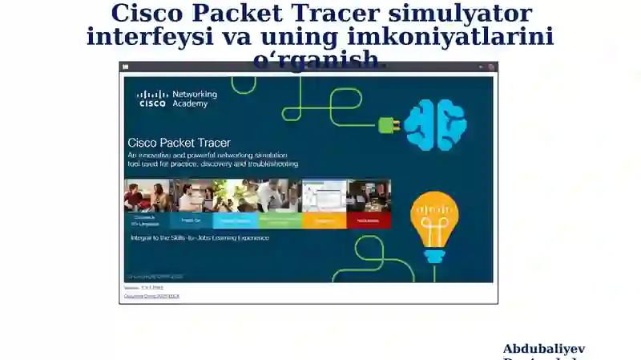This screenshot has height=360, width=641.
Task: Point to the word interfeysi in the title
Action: coord(149,37)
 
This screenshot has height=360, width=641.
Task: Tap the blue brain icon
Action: coord(435,124)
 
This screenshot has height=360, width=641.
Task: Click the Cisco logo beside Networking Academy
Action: coord(152,99)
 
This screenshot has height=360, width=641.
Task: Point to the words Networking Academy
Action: coord(195,99)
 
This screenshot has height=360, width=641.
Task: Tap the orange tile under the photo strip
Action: coord(325,220)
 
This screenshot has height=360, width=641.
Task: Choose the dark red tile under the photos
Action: coord(369,220)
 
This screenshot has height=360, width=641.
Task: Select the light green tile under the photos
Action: coord(280,220)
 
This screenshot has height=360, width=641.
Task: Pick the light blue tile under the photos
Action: coord(236,220)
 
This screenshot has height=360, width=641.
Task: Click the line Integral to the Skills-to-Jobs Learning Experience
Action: coord(200,238)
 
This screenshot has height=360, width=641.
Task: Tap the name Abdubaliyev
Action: coord(544,349)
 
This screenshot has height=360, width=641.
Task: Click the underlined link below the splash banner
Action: coord(151,296)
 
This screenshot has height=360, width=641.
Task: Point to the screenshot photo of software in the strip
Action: coord(325,195)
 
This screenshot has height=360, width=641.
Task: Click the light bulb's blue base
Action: coord(434,256)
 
